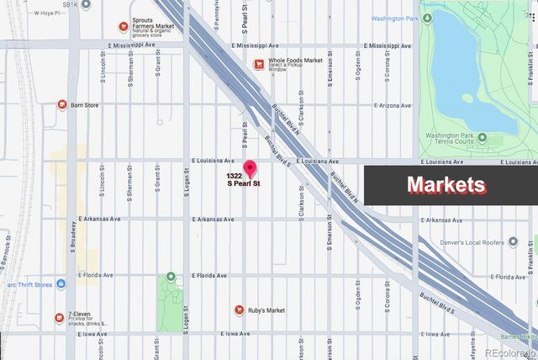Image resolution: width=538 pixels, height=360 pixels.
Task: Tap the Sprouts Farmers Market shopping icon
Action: point(124,26)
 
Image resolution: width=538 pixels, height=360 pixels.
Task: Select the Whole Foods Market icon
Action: point(261,64)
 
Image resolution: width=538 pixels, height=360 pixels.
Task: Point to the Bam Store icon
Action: point(62,104)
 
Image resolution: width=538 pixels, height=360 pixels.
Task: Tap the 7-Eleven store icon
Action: point(59,317)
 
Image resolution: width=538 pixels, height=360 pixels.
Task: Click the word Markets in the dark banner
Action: point(446,185)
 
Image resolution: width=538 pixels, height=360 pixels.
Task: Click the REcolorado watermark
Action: point(507,352)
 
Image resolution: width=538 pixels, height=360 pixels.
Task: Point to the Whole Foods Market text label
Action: point(295,61)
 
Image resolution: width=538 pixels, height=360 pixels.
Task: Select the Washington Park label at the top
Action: point(395,16)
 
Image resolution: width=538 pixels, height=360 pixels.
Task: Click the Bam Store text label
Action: point(84,104)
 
